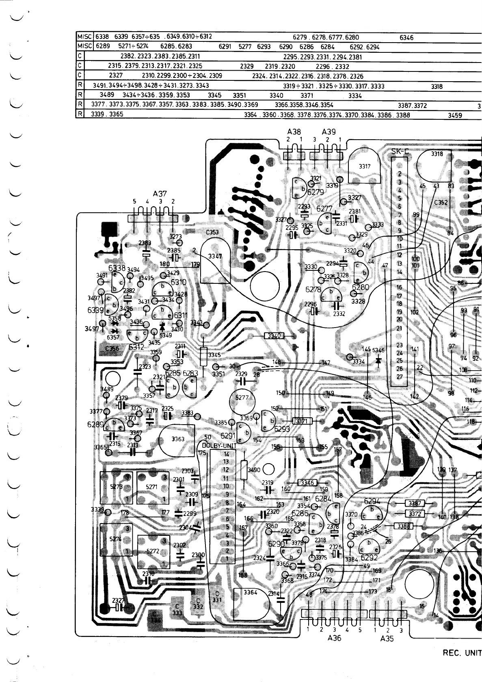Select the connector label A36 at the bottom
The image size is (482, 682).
[x=334, y=638]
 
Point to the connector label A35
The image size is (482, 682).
[x=387, y=638]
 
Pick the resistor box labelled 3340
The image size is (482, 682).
[x=275, y=336]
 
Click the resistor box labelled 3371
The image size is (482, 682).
[x=302, y=421]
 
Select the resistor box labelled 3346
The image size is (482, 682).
[x=307, y=483]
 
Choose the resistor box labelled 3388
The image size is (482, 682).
[x=404, y=527]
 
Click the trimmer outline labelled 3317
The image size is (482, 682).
[x=364, y=166]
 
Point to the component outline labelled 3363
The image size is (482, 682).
[x=178, y=439]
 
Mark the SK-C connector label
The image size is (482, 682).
[x=400, y=152]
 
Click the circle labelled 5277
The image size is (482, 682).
[x=242, y=397]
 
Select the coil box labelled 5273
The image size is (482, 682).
[x=117, y=487]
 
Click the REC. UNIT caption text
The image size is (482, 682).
[x=462, y=653]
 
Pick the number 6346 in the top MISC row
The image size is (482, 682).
[x=406, y=37]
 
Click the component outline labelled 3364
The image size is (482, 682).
[x=251, y=593]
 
